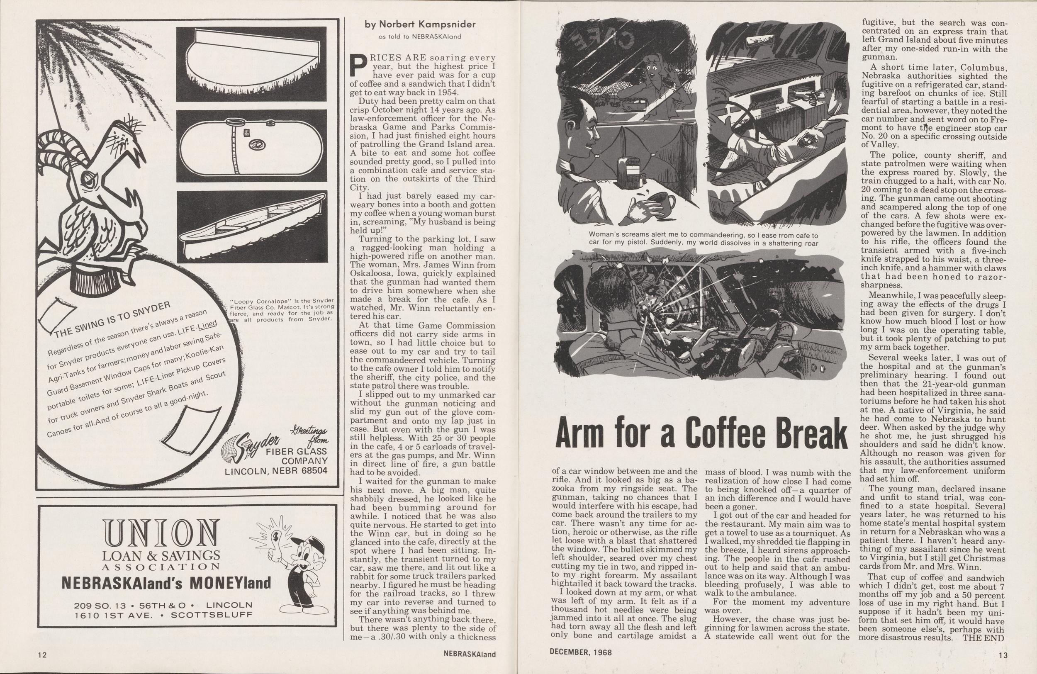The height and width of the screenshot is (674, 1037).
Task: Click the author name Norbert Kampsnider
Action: pos(420,25)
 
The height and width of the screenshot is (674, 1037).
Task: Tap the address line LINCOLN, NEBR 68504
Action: pos(276,471)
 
